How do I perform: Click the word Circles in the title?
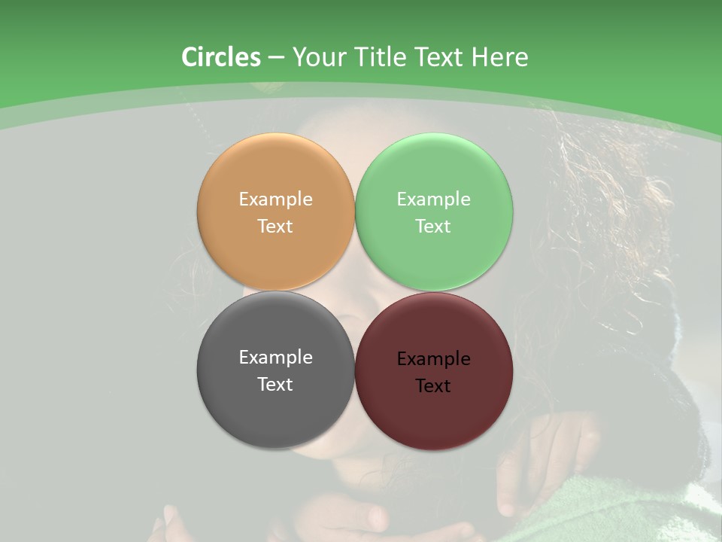(220, 57)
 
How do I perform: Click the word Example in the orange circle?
(275, 199)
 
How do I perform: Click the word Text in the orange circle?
(275, 227)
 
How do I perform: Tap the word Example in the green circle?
(433, 199)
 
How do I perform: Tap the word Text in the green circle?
(433, 227)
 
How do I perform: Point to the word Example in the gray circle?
(275, 358)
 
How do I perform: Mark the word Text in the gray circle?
(275, 385)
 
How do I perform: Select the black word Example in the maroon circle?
(433, 359)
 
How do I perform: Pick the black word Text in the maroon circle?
(433, 386)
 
